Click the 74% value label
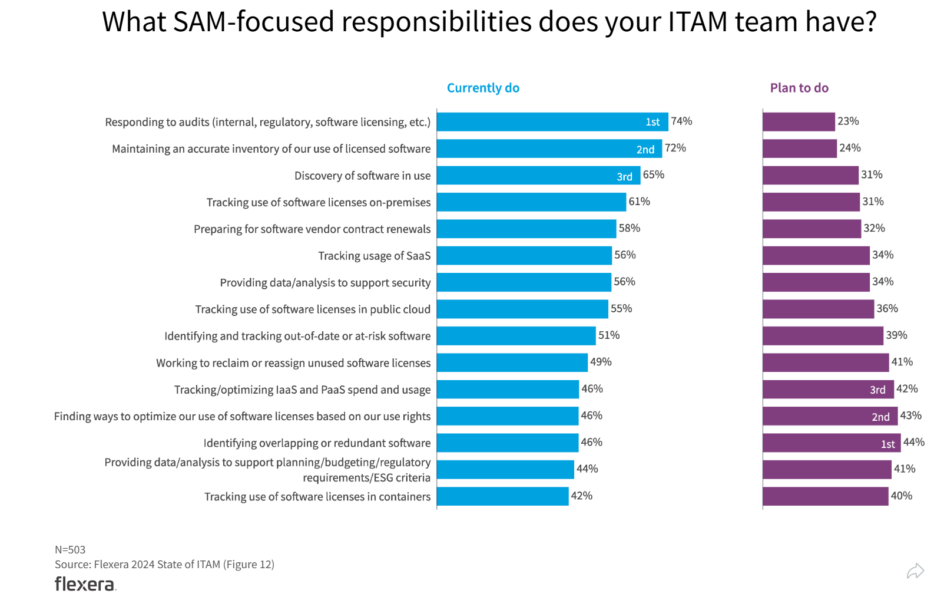(x=681, y=121)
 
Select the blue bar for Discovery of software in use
(x=538, y=176)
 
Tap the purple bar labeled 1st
(x=831, y=443)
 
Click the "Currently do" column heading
(x=483, y=88)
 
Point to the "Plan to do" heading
(x=799, y=88)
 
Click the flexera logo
(x=85, y=584)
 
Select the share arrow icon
(x=915, y=571)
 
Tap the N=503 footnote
(x=70, y=550)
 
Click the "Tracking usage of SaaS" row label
(x=374, y=256)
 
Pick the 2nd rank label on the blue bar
(x=645, y=150)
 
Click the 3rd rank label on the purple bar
(x=877, y=390)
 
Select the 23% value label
(x=848, y=121)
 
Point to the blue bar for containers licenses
(x=502, y=496)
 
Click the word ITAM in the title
(x=698, y=22)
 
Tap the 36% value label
(x=887, y=309)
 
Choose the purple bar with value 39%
(x=823, y=336)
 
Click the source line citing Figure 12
(x=164, y=565)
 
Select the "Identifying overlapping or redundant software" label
(x=317, y=443)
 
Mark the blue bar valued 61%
(x=531, y=202)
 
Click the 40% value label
(x=901, y=496)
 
